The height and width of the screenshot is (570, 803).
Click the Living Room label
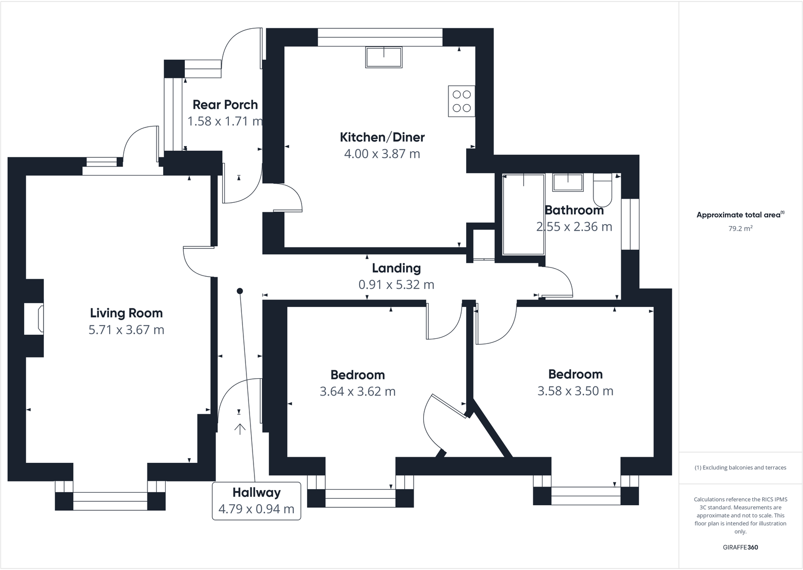[126, 313]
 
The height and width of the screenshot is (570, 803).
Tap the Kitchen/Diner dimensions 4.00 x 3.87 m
[382, 154]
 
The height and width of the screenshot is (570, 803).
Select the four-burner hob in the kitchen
[462, 101]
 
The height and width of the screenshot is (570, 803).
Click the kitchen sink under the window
[384, 57]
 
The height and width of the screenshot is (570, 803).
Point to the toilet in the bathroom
[602, 188]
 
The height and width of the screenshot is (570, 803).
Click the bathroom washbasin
[568, 182]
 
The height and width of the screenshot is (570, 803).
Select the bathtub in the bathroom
[524, 214]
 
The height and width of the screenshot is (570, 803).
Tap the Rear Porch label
[225, 105]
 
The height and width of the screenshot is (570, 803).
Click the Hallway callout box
[256, 501]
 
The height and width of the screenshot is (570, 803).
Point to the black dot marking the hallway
[240, 291]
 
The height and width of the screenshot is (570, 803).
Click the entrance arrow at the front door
[239, 429]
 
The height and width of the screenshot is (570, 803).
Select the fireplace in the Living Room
[35, 319]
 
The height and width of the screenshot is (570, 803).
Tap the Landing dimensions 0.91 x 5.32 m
[396, 285]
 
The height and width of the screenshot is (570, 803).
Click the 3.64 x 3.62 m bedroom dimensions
[358, 391]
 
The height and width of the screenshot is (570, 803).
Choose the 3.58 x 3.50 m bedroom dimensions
[575, 391]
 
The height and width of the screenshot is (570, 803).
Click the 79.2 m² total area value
[740, 229]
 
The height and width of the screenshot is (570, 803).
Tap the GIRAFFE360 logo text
[740, 547]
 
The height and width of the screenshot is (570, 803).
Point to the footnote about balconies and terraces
[740, 467]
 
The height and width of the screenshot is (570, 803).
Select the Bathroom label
[574, 210]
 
